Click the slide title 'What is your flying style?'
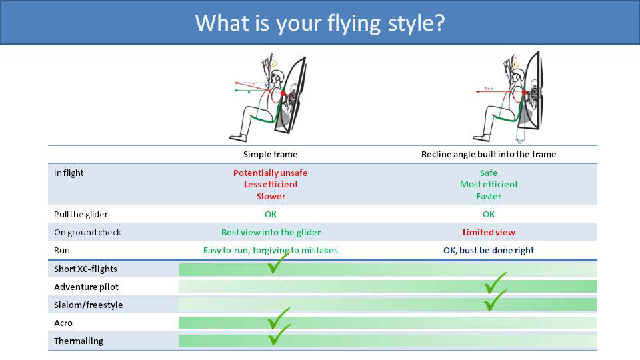320,23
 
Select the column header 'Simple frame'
270,155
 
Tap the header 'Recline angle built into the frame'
489,155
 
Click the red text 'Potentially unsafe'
270,173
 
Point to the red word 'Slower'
271,197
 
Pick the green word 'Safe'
489,173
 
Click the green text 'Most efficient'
489,185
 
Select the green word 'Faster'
489,197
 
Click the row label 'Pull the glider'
81,215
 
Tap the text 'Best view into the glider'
271,233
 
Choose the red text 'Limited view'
489,233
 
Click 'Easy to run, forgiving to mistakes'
270,251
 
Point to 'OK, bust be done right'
489,251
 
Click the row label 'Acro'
63,323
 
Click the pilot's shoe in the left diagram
237,137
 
